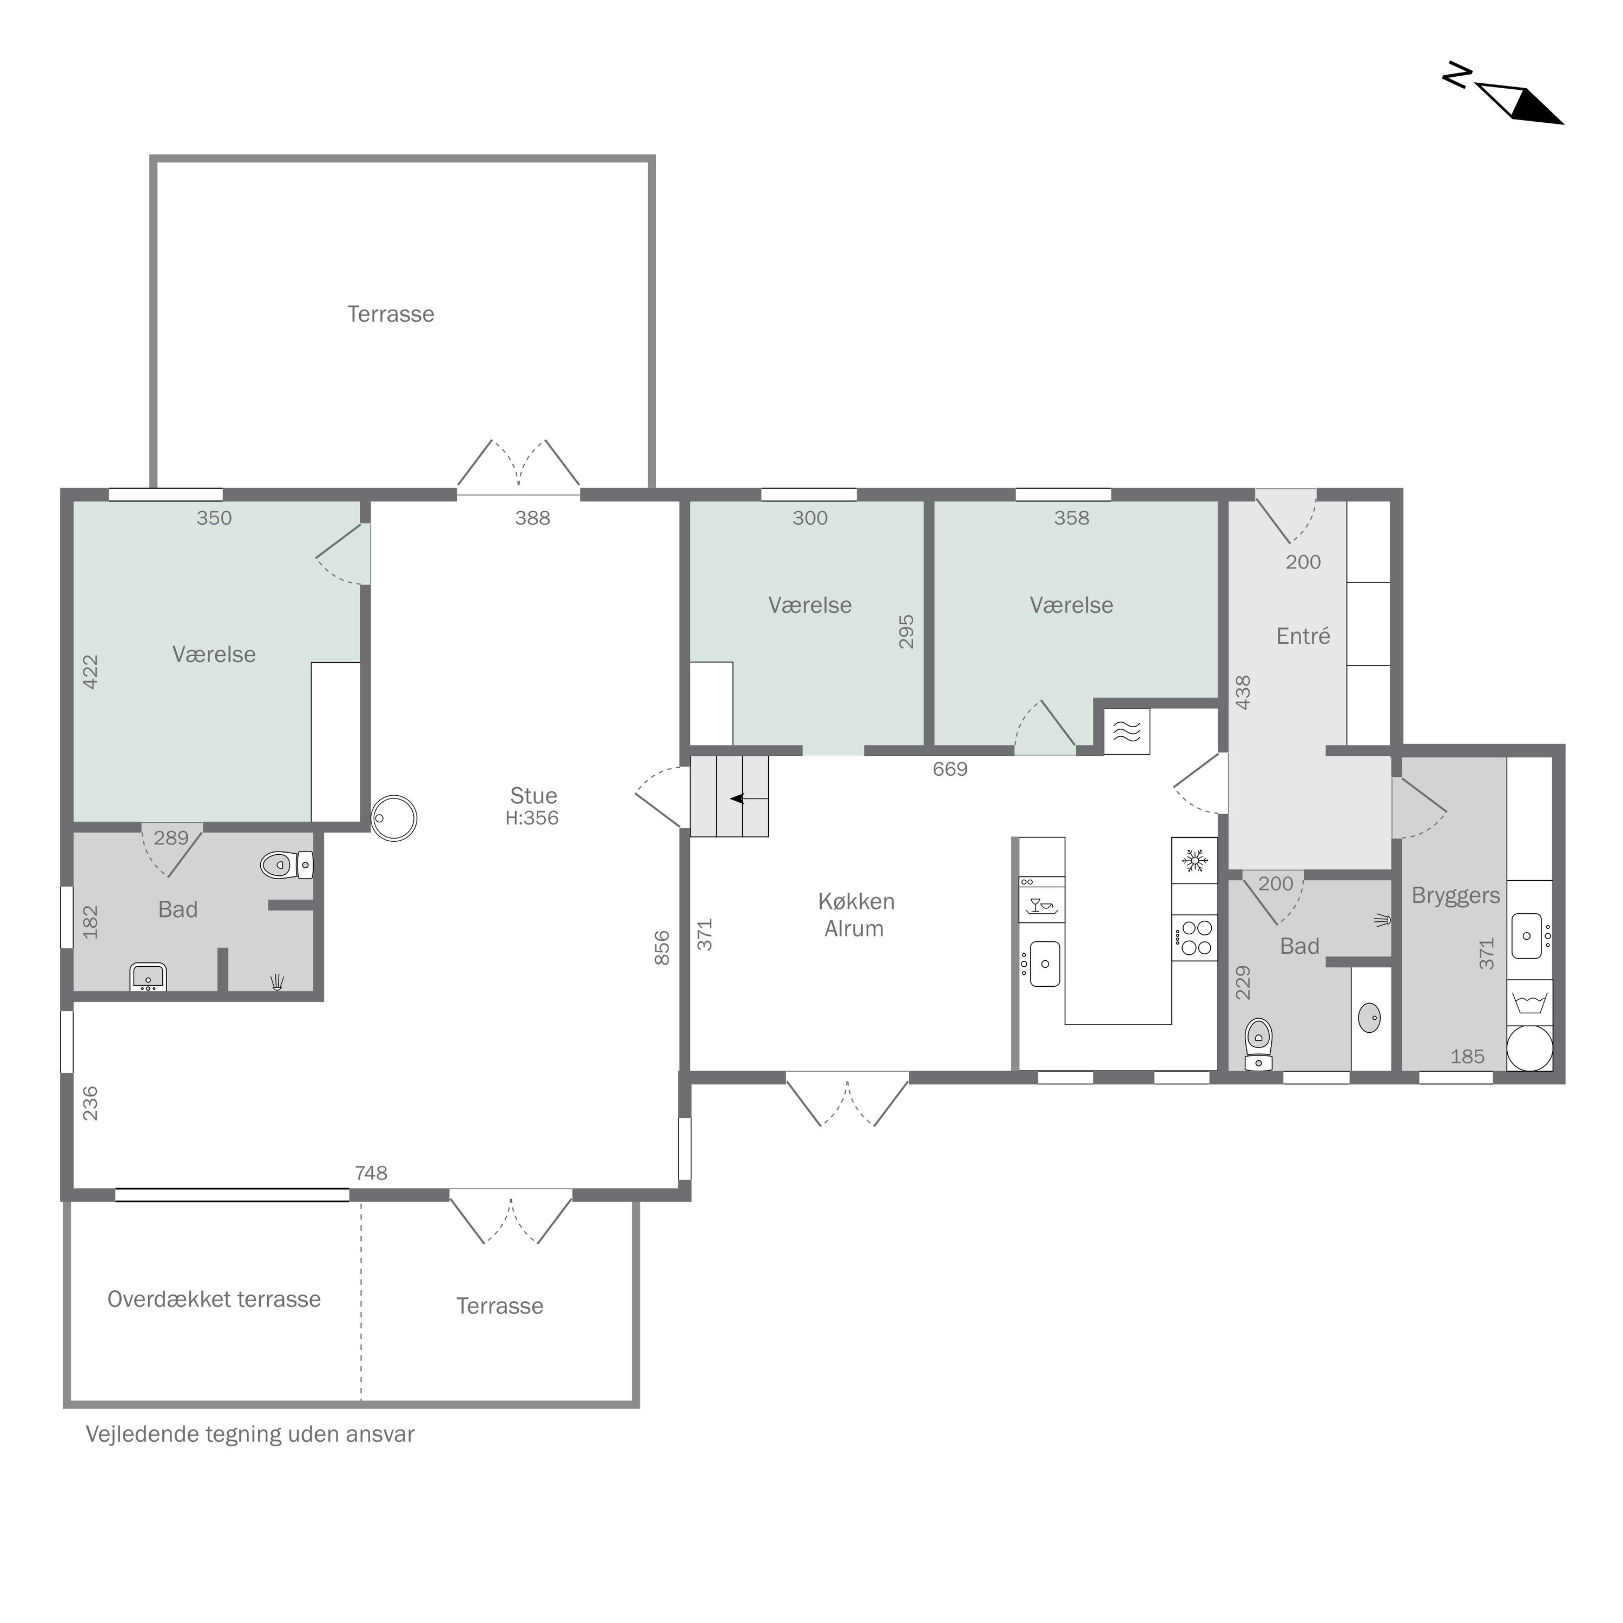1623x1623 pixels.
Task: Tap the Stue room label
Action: click(x=533, y=795)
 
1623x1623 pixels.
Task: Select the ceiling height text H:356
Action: click(x=532, y=818)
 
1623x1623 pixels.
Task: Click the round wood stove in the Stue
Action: click(x=394, y=818)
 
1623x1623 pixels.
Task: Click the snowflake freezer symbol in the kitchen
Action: click(x=1195, y=860)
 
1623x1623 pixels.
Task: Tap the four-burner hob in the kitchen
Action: click(x=1195, y=938)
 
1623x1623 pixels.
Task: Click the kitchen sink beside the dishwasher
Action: click(x=1044, y=964)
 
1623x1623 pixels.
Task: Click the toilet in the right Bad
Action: click(x=1258, y=1044)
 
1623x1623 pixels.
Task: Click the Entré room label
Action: click(x=1303, y=636)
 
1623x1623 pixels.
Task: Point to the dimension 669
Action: click(x=950, y=769)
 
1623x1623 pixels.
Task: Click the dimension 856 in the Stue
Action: click(x=662, y=948)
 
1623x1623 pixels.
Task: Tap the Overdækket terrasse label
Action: click(x=214, y=1299)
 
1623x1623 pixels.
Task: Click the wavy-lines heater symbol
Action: click(x=1126, y=731)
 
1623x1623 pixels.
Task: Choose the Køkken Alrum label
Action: click(x=856, y=915)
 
